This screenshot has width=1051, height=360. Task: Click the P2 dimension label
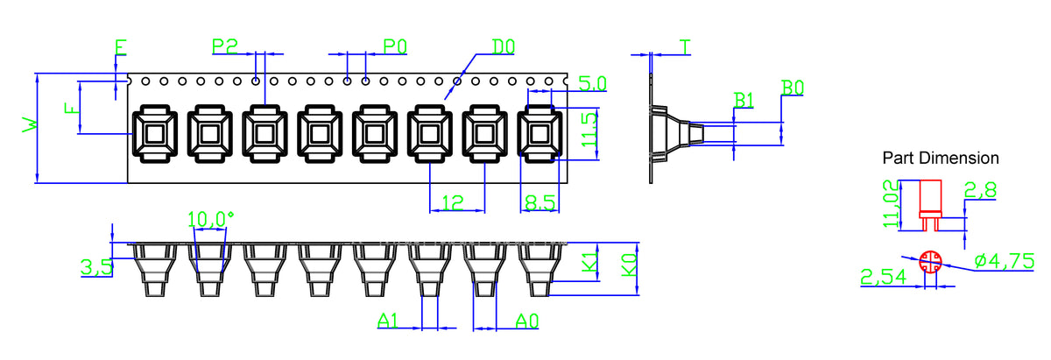[x=225, y=46]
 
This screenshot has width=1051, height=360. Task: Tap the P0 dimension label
[x=395, y=46]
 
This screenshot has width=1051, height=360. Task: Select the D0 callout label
[x=503, y=46]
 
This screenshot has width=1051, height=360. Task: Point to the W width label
[x=30, y=125]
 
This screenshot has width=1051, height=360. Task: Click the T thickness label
[x=685, y=47]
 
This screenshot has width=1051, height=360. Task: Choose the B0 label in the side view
[x=793, y=88]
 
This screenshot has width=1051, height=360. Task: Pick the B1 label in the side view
[x=744, y=100]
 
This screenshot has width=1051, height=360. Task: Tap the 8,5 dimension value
[x=540, y=202]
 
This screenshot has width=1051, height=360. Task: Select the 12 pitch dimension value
[x=453, y=202]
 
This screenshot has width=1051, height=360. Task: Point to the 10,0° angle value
[x=210, y=219]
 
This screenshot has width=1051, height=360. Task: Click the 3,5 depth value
[x=97, y=267]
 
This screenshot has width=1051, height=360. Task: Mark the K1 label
[x=589, y=262]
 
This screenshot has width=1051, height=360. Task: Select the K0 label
[x=629, y=265]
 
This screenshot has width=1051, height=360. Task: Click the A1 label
[x=387, y=321]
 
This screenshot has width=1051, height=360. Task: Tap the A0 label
[x=527, y=321]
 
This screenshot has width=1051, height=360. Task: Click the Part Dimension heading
[x=941, y=159]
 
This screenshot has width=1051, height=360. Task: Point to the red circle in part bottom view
[x=930, y=262]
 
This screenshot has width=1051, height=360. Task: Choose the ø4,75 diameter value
[x=1004, y=261]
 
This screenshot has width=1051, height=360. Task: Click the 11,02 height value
[x=891, y=204]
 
